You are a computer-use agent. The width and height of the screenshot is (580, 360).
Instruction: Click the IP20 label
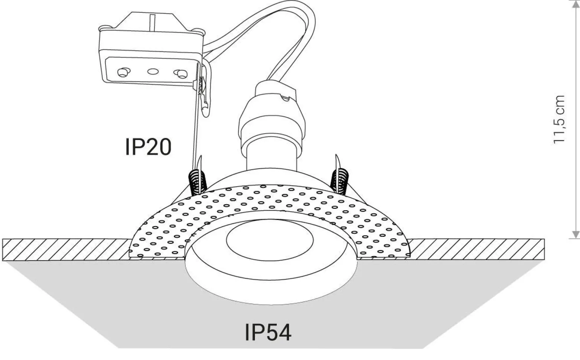coord(148,146)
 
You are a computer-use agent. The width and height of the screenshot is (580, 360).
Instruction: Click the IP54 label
coord(268,332)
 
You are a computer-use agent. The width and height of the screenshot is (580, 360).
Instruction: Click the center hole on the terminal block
coord(153,71)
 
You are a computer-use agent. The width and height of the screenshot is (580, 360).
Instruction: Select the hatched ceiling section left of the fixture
coord(64,249)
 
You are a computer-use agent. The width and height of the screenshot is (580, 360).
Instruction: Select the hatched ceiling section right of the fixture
coord(475,249)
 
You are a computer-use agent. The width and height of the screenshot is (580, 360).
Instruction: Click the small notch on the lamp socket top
coord(285,96)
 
